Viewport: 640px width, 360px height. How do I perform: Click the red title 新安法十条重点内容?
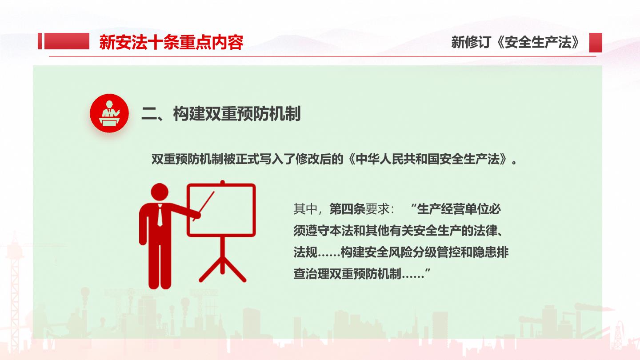171,42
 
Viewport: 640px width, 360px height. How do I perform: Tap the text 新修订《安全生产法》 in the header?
516,42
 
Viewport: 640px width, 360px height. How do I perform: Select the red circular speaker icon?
109,113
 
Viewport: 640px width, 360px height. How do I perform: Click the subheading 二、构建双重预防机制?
221,114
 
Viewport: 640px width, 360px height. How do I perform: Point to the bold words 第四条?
347,209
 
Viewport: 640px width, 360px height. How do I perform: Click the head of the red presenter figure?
160,192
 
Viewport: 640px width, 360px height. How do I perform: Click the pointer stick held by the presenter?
204,206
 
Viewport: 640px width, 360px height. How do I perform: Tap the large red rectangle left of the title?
67,41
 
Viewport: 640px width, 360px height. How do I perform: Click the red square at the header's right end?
596,43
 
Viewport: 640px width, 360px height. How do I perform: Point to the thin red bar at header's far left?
40,41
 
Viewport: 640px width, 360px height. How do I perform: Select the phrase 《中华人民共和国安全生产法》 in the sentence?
428,159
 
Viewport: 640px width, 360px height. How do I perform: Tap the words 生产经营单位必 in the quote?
459,209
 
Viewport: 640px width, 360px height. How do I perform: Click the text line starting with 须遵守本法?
398,231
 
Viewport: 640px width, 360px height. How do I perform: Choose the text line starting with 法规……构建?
401,252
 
